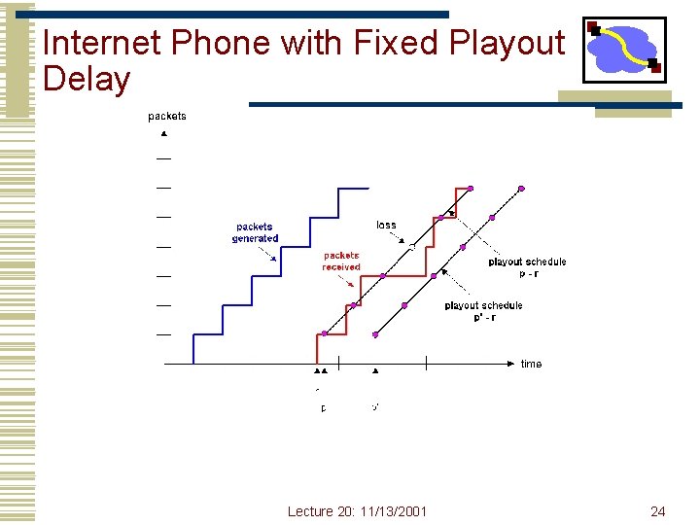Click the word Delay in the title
tap(87, 79)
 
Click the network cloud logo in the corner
tap(624, 50)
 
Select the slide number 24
tap(657, 511)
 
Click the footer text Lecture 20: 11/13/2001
tap(357, 511)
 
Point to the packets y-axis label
tap(167, 117)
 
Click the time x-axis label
tap(531, 365)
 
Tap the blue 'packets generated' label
tap(255, 232)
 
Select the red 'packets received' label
tap(341, 262)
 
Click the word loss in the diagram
tap(386, 226)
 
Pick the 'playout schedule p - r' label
tap(527, 267)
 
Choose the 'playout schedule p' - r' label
tap(483, 311)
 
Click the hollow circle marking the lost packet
tap(412, 247)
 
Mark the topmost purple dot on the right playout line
tap(521, 188)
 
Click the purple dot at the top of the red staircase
tap(471, 188)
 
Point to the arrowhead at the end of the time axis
tap(511, 364)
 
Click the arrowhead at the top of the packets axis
tap(164, 132)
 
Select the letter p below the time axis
tap(324, 408)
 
